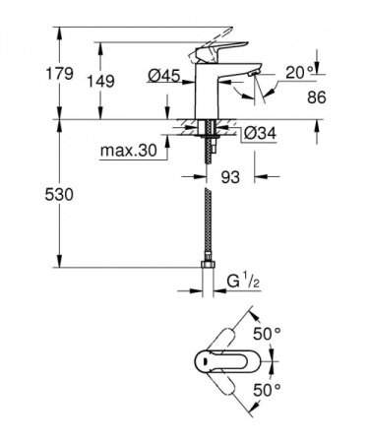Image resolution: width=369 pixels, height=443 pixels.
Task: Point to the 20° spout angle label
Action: (x=299, y=72)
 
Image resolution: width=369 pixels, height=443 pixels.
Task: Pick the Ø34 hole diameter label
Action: (x=258, y=132)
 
